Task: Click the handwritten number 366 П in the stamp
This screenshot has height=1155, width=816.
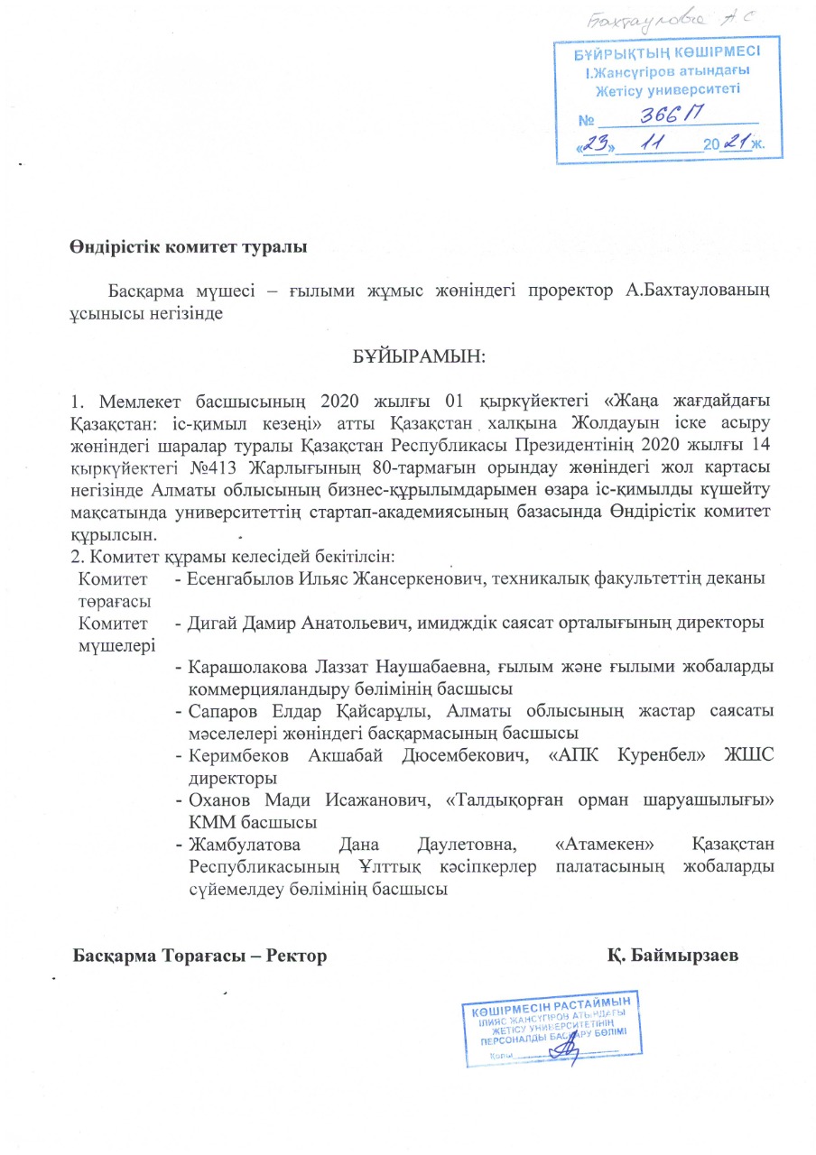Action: tap(672, 114)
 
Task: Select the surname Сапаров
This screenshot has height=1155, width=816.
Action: tap(222, 712)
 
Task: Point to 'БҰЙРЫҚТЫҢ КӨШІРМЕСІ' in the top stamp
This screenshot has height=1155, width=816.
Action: tap(667, 54)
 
